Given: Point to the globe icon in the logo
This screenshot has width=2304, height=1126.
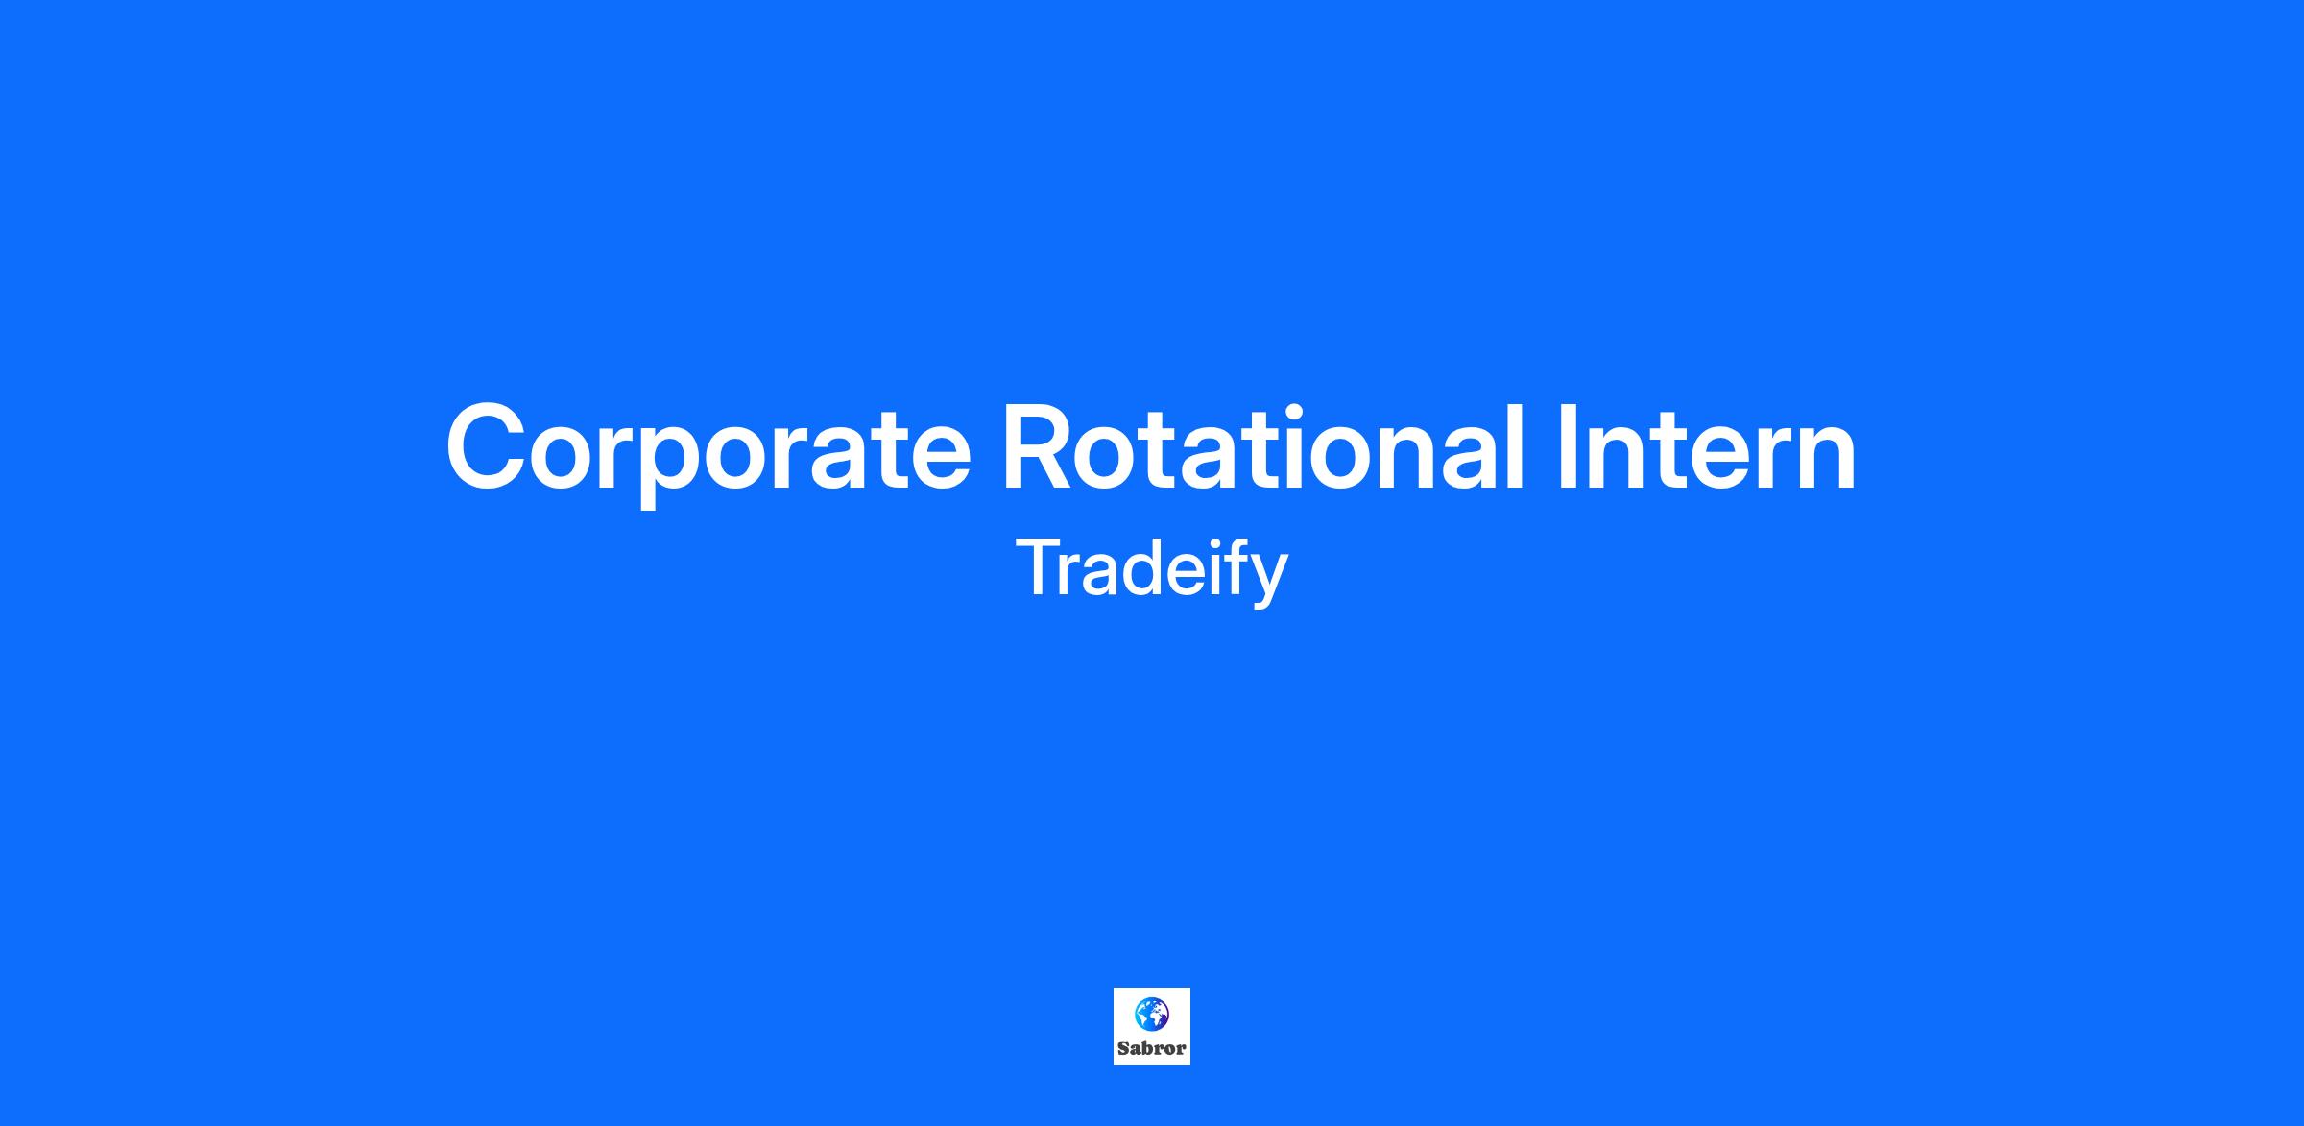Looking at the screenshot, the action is (1152, 1014).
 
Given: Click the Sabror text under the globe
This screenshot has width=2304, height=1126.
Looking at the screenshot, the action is (1152, 1049).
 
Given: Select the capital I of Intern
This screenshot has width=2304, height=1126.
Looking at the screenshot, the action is (1569, 447).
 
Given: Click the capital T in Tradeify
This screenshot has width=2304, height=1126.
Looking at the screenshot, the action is (1039, 567).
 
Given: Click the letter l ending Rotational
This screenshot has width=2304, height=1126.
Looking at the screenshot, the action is (1516, 447).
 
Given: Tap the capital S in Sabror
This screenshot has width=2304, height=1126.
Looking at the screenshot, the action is (1123, 1049).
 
